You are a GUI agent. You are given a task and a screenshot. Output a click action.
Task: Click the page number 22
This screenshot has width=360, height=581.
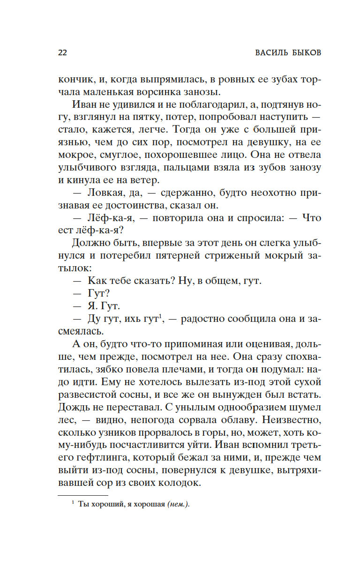[x=62, y=52]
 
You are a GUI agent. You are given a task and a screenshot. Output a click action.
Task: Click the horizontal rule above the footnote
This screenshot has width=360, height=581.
[x=82, y=495]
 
